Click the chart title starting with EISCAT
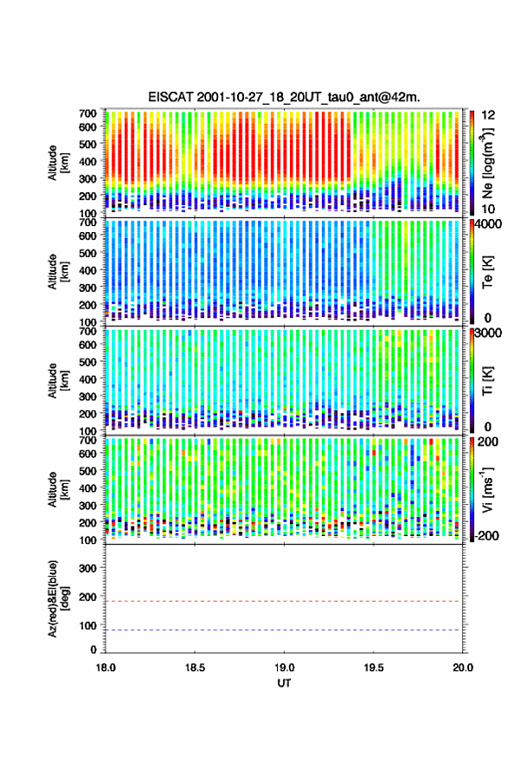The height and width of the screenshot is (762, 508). point(284,97)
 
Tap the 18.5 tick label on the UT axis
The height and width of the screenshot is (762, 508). point(194,668)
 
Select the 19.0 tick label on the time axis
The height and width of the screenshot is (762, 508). point(284,668)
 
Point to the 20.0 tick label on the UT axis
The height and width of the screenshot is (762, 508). point(462,668)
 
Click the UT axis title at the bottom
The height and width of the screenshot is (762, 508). point(284,683)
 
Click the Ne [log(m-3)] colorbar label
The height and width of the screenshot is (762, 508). point(487,163)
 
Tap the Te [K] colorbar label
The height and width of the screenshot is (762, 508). point(487,272)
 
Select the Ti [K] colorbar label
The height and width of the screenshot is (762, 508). point(487,380)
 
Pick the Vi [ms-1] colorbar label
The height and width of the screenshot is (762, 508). point(487,489)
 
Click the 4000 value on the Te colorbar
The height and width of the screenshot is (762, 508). point(489,224)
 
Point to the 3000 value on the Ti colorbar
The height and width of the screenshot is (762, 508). point(489,333)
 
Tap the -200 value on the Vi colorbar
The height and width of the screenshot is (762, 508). point(485,535)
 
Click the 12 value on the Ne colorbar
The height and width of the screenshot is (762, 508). point(488,115)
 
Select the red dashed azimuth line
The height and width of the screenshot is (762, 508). point(283,601)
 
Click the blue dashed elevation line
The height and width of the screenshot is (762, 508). point(283,630)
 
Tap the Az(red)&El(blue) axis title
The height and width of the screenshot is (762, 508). point(58,598)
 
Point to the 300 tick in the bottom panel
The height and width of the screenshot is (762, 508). point(88,568)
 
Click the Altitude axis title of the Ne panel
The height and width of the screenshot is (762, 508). point(58,163)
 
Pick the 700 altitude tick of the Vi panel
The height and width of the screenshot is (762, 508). point(88,440)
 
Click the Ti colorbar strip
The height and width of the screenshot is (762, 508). point(472,380)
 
